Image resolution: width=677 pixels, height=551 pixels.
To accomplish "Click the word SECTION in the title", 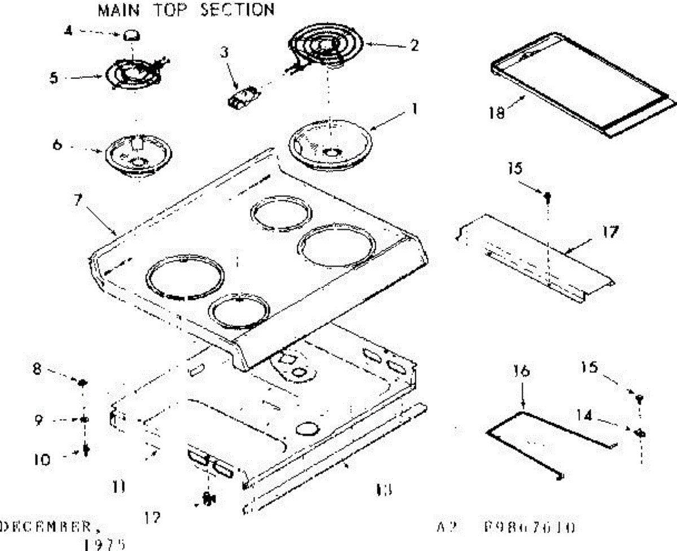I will pos(238,10).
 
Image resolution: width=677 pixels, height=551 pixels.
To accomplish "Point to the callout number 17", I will pos(609,232).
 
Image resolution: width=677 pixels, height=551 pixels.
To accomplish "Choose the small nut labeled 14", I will pos(640,433).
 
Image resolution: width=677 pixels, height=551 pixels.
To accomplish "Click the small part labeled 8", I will pos(82,384).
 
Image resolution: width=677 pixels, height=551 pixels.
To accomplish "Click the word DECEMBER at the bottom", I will pos(46,527).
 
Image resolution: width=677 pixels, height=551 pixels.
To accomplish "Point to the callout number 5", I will pos(54,78).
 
